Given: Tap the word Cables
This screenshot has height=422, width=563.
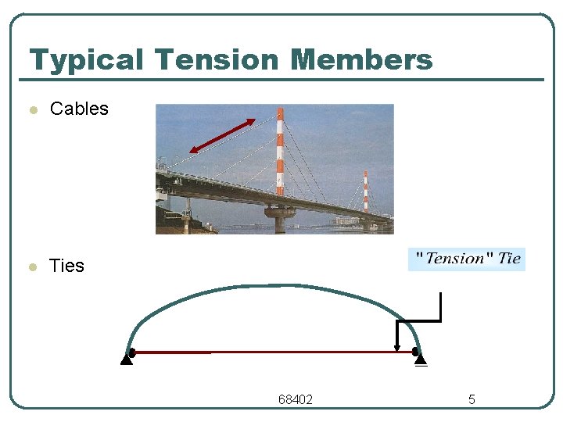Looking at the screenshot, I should (79, 109).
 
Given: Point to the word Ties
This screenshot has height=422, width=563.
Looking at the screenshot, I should (66, 266).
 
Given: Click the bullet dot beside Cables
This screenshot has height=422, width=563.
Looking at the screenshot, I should (32, 110).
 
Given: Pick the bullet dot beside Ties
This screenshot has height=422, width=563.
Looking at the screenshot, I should (32, 267).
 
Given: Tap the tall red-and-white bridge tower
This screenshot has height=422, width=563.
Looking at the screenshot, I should (280, 152).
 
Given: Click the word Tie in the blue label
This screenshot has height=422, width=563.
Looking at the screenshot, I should (509, 259).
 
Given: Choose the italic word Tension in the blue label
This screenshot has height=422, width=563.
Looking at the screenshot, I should (455, 259).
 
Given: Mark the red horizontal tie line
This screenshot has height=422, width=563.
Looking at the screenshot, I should (274, 352).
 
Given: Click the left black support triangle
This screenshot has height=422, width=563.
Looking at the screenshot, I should (126, 359).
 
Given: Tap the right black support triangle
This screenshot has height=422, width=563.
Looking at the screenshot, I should (421, 359).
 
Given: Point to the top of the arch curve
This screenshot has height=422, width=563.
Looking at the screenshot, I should (274, 286).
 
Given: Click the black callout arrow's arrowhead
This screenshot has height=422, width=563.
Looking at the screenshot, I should (397, 348).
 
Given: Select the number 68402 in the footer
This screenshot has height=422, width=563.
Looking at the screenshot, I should (296, 400).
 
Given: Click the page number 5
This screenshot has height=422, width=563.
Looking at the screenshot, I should (472, 400).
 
